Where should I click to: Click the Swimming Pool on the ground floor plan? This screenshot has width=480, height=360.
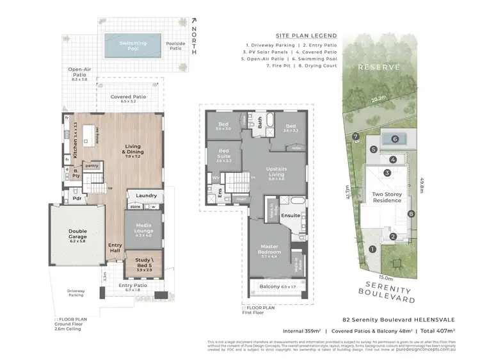pos(132,45)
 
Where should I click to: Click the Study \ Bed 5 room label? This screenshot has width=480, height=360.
pos(144,263)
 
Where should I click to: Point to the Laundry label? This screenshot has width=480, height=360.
pos(147,195)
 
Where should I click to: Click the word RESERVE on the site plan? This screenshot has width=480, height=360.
pos(379,67)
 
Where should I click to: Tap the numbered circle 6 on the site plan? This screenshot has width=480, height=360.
pos(396,139)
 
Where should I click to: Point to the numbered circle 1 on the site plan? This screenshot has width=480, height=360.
pos(372,249)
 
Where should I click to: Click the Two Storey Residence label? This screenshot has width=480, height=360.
pos(387,197)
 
